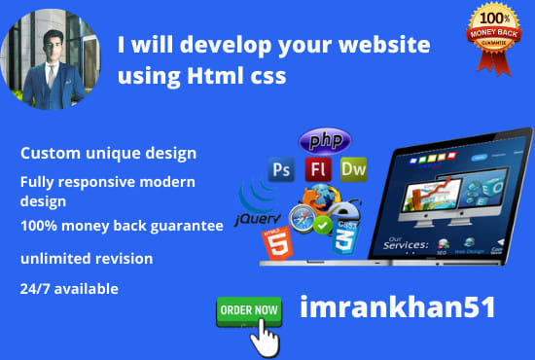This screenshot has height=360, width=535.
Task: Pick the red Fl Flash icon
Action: click(317, 168)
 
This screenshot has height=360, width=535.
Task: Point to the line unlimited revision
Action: click(87, 258)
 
